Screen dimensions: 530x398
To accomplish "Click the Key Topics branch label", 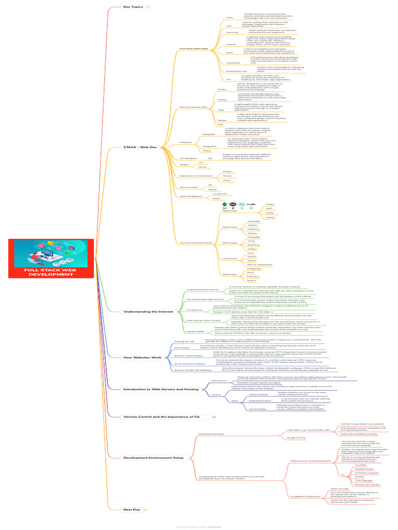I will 133,7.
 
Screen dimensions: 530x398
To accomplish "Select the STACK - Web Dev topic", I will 139,148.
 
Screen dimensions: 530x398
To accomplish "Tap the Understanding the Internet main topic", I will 148,312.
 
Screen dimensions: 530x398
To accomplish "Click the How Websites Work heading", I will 143,358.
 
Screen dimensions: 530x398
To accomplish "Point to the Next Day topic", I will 132,510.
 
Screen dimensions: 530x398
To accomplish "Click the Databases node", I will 185,142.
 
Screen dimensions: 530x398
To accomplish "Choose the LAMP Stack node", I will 229,258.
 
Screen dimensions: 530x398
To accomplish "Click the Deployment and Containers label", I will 192,175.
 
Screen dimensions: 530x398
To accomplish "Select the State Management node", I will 190,196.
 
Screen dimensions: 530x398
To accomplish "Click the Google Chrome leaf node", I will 296,438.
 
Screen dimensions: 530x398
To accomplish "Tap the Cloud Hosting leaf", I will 258,409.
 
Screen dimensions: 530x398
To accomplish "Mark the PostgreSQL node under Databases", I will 209,146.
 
